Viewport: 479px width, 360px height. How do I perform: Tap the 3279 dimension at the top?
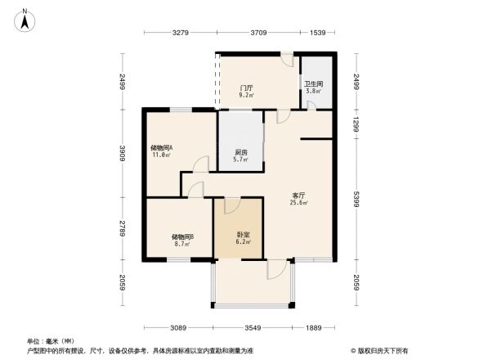(x=181, y=32)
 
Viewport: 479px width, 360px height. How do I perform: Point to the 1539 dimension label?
(x=318, y=32)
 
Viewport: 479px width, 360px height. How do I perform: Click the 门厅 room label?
(x=245, y=88)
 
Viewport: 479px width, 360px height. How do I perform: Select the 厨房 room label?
(x=241, y=152)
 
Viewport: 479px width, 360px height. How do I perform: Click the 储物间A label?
(x=161, y=147)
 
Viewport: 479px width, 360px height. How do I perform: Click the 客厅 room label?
(x=300, y=195)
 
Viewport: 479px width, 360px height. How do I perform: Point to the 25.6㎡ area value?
(x=300, y=203)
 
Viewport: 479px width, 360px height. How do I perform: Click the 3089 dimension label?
(x=180, y=328)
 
